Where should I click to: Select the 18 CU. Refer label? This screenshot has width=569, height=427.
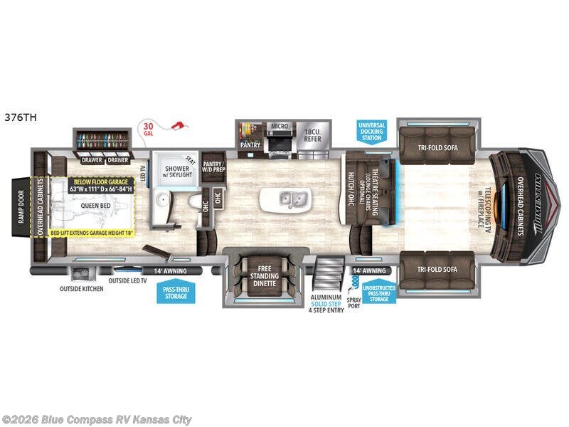click(313, 135)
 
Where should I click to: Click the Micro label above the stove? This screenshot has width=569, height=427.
click(280, 126)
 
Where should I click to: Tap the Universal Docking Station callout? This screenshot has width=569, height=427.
click(371, 130)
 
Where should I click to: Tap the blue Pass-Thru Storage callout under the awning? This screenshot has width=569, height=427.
click(175, 292)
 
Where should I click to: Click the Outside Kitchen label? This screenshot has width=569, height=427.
click(81, 289)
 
